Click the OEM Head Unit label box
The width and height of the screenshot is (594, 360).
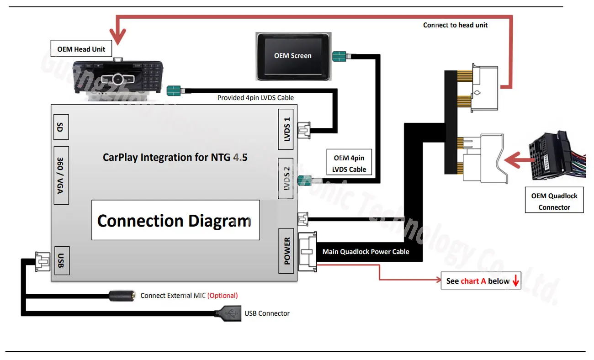(x=81, y=49)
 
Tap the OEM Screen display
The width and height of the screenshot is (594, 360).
(x=293, y=56)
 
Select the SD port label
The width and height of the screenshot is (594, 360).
(x=60, y=127)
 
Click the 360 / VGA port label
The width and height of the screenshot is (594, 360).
(x=61, y=175)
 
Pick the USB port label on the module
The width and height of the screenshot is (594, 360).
(x=61, y=260)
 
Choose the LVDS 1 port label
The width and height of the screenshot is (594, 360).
(x=287, y=129)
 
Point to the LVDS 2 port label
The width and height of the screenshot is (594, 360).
(x=287, y=178)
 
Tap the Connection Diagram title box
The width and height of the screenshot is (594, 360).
(x=175, y=220)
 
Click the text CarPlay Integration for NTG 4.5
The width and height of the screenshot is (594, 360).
(x=175, y=157)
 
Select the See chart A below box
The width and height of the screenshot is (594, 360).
(x=481, y=281)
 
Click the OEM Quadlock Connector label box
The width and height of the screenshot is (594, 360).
(x=554, y=201)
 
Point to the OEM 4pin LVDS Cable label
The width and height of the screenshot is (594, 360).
(x=350, y=163)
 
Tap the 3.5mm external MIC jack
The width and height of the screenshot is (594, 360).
(x=122, y=296)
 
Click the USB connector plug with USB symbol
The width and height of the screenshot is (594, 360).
(x=228, y=313)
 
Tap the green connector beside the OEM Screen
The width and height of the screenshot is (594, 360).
(x=339, y=57)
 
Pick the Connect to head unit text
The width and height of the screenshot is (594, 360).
(x=455, y=25)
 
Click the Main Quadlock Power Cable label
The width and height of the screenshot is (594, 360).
(x=366, y=252)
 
